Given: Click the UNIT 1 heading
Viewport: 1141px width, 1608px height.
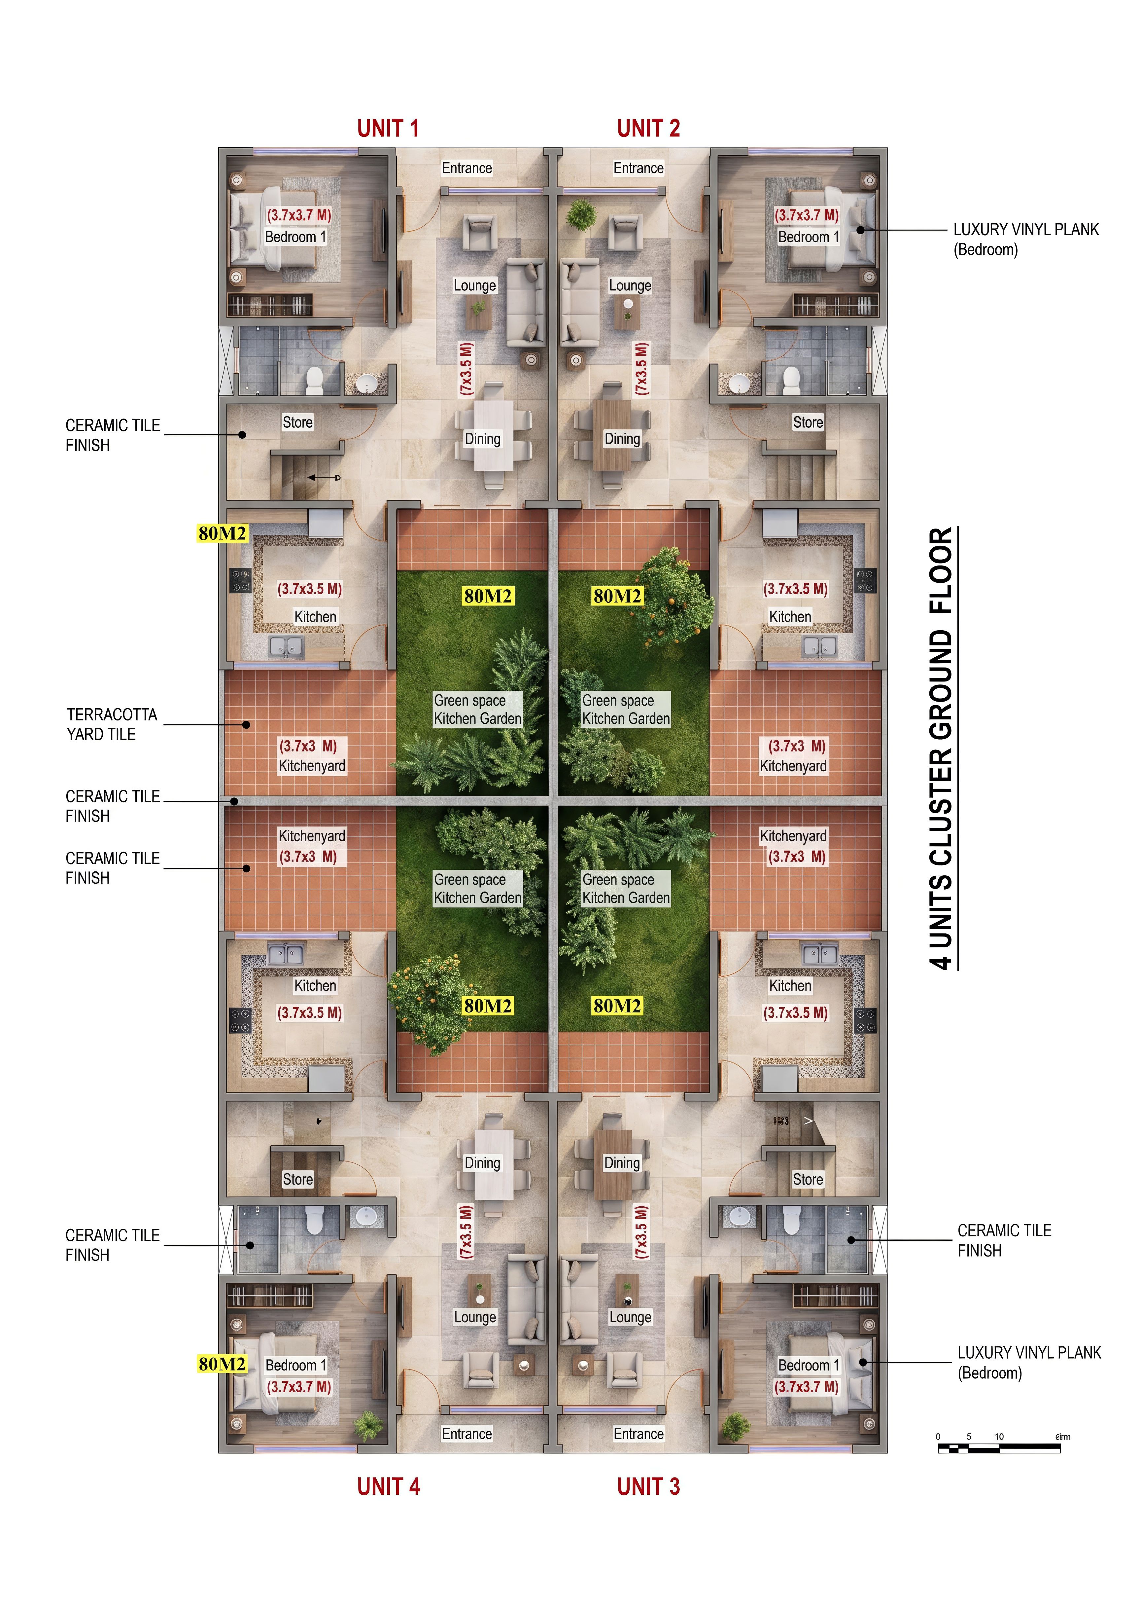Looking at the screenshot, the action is click(x=388, y=128).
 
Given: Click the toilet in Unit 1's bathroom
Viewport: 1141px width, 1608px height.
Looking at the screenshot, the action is click(x=314, y=380).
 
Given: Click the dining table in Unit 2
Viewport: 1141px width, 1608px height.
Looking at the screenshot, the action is click(x=612, y=436).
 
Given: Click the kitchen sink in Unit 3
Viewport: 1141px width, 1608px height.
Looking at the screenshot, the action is click(x=820, y=954).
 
